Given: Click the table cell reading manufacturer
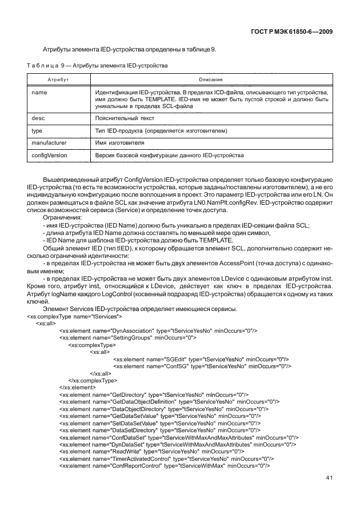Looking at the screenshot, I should pyautogui.click(x=49, y=142).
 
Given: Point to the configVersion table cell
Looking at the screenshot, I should pyautogui.click(x=50, y=155).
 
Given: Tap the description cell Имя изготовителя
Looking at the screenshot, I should pyautogui.click(x=120, y=142).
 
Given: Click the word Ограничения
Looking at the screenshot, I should pyautogui.click(x=63, y=218).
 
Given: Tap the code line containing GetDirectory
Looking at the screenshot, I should pyautogui.click(x=154, y=395).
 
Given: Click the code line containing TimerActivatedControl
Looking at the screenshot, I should pyautogui.click(x=166, y=458).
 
